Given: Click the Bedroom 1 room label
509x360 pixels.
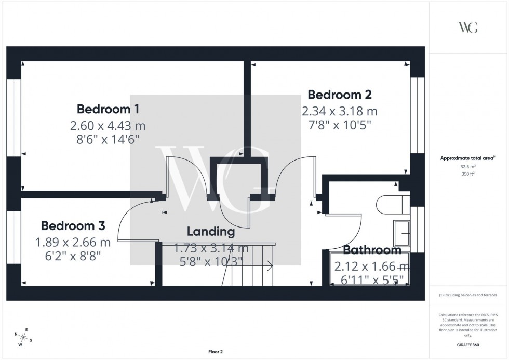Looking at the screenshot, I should [108, 109].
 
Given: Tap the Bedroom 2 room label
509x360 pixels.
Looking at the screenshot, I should [340, 95].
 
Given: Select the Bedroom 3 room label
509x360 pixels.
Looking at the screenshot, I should [73, 226].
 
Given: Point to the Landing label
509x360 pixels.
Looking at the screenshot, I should [211, 231].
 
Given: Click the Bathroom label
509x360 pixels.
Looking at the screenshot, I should [371, 250].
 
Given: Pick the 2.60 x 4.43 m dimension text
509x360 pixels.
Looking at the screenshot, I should [108, 125].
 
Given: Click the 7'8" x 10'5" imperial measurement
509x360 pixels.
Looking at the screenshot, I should [340, 125].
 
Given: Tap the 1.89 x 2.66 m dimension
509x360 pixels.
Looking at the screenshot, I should [73, 242].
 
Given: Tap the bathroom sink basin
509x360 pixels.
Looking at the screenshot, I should [401, 234].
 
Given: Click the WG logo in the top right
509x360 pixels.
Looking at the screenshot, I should [468, 28].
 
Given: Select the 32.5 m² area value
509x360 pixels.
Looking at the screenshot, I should [468, 167].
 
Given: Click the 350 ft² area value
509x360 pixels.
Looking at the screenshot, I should [468, 175].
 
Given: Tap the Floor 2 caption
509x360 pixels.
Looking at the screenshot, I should [215, 352].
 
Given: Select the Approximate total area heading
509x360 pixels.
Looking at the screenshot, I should [468, 158].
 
